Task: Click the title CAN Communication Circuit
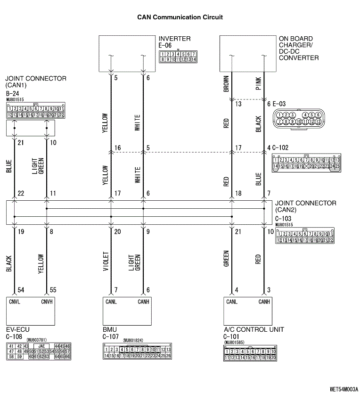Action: coord(180,17)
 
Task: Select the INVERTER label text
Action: coord(174,39)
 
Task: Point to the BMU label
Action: coord(109,329)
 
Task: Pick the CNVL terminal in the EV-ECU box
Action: coord(15,302)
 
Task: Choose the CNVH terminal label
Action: coord(47,302)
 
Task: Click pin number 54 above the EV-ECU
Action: coord(21,290)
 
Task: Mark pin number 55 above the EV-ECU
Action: coord(52,290)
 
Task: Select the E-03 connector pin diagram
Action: coord(299,118)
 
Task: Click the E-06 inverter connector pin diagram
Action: coord(178,57)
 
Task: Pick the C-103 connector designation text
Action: coord(283,219)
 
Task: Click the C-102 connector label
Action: coord(282,149)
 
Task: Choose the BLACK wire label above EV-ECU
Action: coord(9,264)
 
